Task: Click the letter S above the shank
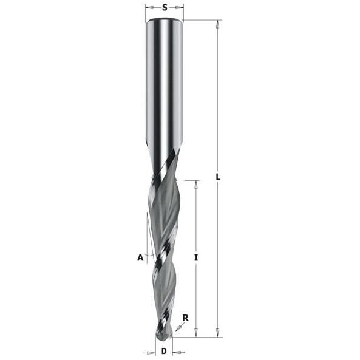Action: [x=165, y=7]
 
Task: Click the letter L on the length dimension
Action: [x=219, y=177]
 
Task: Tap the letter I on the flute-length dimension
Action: [x=196, y=257]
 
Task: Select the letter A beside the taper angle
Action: [x=140, y=257]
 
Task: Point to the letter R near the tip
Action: [x=185, y=318]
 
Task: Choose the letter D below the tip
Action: [x=164, y=351]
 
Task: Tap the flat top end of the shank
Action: [x=164, y=19]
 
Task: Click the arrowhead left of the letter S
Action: [x=150, y=7]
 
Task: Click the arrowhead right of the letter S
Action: [x=180, y=7]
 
